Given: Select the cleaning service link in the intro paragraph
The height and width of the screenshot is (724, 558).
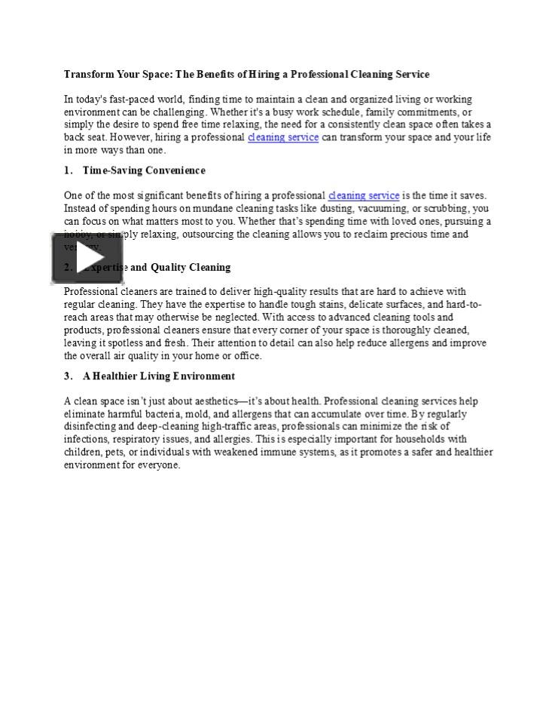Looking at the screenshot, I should [283, 137].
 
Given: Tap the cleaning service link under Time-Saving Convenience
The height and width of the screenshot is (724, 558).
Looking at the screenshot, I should [364, 195].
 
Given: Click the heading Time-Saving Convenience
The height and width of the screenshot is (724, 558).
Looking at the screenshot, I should [144, 170].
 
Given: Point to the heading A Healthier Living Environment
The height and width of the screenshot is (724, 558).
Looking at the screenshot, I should [159, 376].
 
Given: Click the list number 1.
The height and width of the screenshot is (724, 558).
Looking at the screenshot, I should [68, 170].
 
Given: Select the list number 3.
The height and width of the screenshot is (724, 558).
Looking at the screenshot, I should [68, 376].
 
